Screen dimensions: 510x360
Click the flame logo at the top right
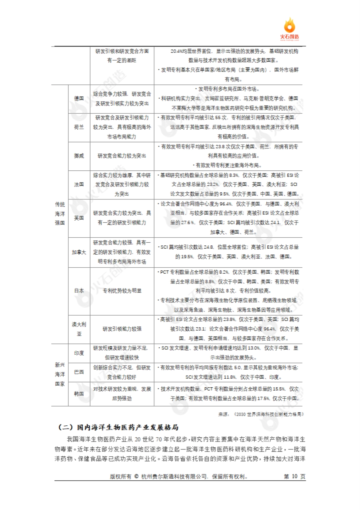(289, 28)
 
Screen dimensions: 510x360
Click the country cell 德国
(79, 99)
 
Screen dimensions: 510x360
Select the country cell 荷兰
(79, 127)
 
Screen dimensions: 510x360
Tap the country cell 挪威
(79, 156)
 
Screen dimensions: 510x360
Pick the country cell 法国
(79, 184)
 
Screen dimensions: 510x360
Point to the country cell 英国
(79, 218)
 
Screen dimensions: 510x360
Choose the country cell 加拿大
(79, 252)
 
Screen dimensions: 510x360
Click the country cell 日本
(79, 291)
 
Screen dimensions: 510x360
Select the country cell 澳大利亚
(79, 329)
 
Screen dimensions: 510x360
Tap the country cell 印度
(79, 353)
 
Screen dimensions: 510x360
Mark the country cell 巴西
(79, 372)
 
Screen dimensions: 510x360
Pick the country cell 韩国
(79, 394)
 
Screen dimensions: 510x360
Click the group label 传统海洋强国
(60, 214)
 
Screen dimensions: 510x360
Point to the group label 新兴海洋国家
(60, 374)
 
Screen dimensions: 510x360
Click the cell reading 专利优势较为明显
(122, 291)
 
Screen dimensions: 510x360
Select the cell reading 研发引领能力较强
(122, 329)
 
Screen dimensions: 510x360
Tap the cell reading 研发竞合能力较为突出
(122, 156)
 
